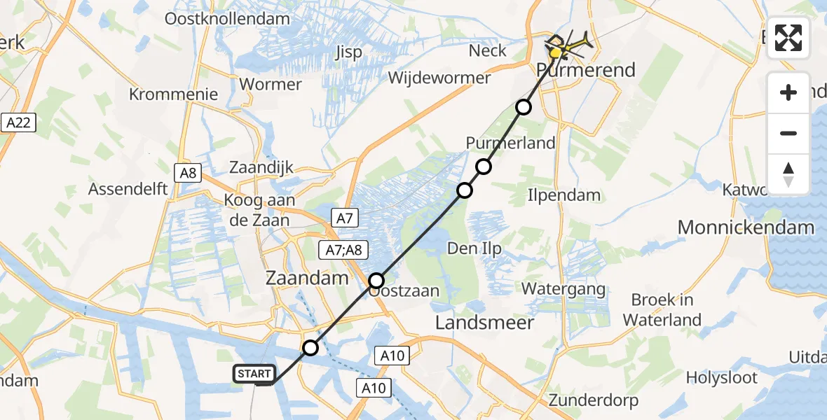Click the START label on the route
click(x=254, y=374)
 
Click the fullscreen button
click(x=788, y=38)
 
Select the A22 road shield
click(x=18, y=123)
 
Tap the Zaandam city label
click(x=307, y=278)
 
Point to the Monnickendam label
click(x=746, y=227)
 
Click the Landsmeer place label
click(x=485, y=323)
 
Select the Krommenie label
click(x=174, y=94)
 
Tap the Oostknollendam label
click(x=227, y=19)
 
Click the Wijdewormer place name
click(x=439, y=78)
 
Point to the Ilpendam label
click(x=564, y=195)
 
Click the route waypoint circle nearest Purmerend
click(x=524, y=107)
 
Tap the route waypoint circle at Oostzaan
click(x=376, y=281)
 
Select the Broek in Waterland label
click(x=662, y=310)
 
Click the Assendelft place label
click(x=128, y=189)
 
